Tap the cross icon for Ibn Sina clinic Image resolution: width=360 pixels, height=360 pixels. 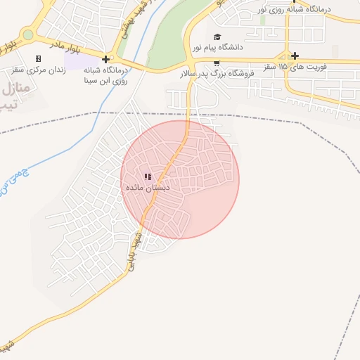[105, 59]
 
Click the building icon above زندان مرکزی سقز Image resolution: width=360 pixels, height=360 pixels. [38, 58]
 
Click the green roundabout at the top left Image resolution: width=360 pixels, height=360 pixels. [28, 34]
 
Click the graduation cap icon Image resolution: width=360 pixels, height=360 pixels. [217, 37]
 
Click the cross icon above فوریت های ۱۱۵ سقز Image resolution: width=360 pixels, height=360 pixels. [295, 56]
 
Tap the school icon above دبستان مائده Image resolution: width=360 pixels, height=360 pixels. [147, 176]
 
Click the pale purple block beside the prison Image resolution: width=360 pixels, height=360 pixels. [74, 72]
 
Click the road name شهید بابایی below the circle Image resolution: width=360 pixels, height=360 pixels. [134, 247]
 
